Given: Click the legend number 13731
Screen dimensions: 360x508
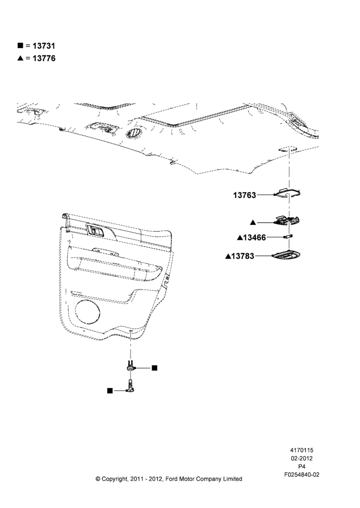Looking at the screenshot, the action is [44, 46].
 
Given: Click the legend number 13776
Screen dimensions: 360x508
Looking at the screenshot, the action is [44, 58].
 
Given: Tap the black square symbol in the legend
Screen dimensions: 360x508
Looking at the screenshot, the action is [20, 45].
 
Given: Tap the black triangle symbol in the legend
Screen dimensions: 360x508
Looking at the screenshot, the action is [20, 58].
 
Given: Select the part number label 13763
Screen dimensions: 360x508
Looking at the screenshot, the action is [245, 195].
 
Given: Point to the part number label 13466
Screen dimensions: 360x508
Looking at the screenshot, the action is [254, 237].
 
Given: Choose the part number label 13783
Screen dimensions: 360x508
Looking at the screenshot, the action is [243, 256].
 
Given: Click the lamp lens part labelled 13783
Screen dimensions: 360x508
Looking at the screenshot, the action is [286, 256].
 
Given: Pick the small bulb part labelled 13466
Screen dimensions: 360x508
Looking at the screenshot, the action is [288, 237].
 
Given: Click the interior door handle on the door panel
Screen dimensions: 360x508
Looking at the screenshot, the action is [95, 230].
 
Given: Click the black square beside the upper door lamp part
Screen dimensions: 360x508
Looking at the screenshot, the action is [155, 368].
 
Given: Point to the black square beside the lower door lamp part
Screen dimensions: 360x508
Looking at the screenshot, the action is [110, 391].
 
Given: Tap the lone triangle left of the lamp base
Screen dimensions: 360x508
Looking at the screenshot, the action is [253, 223].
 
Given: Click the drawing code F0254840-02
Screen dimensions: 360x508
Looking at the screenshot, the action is [302, 474].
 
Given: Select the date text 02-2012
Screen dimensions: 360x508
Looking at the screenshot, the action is [302, 458].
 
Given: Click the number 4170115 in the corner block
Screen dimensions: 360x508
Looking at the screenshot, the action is [302, 450].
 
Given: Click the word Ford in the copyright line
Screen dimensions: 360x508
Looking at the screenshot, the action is [172, 479].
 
